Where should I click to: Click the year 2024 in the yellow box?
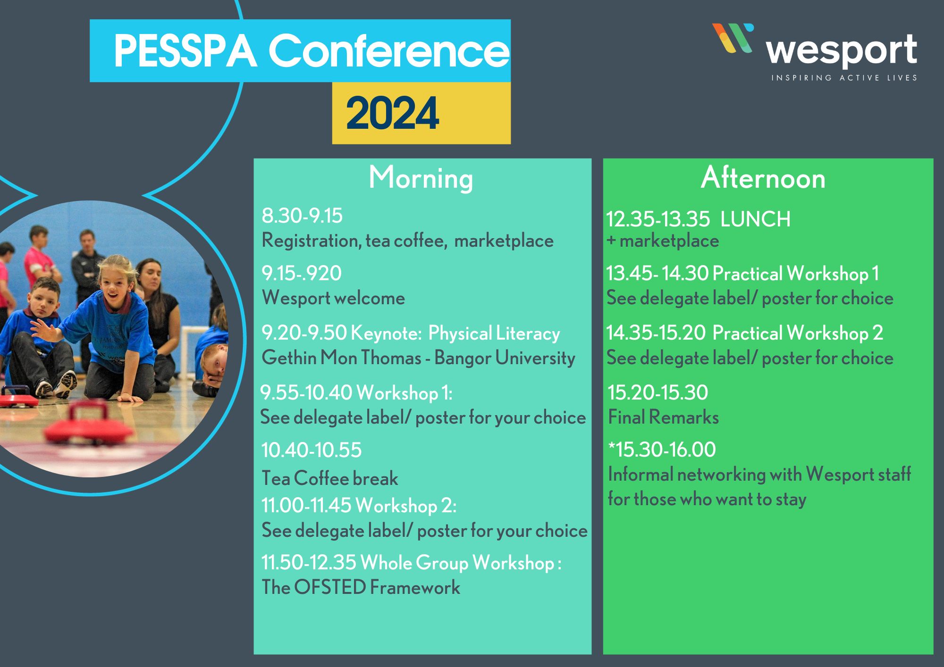click(393, 113)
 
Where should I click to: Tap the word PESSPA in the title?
click(185, 51)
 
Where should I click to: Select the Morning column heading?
click(421, 178)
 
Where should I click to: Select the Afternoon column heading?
click(763, 178)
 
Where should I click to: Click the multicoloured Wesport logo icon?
click(733, 38)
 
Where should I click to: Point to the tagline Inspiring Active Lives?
click(844, 78)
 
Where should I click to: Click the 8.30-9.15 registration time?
click(302, 216)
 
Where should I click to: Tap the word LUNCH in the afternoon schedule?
click(755, 219)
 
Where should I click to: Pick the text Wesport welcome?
click(333, 298)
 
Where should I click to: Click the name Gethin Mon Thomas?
click(341, 358)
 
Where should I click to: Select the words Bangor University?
click(505, 358)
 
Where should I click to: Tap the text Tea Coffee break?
click(329, 478)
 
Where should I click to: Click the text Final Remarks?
click(663, 417)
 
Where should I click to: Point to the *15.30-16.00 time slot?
click(662, 450)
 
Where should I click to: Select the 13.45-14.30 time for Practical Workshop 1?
click(657, 273)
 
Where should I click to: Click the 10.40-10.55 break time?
click(312, 450)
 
